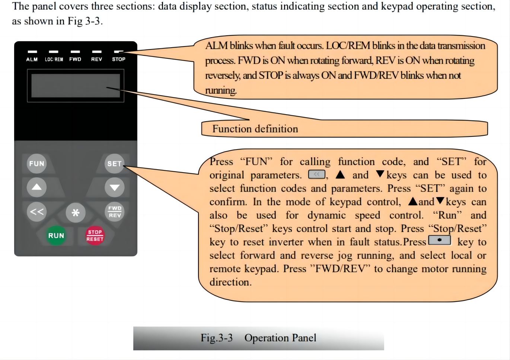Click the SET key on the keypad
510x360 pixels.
click(114, 164)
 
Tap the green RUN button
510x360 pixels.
click(56, 236)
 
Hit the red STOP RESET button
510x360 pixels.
click(95, 236)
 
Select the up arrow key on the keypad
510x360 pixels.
click(36, 187)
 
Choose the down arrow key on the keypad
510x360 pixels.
click(114, 187)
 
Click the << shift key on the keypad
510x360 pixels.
click(36, 212)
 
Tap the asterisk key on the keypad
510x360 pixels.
click(76, 213)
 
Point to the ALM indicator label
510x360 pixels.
click(32, 59)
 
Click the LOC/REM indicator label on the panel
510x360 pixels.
click(54, 59)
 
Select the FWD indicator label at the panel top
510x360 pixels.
click(75, 59)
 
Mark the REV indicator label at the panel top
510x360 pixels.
click(97, 59)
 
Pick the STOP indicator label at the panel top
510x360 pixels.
click(119, 59)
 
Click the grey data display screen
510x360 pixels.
click(76, 86)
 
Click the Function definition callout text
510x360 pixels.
click(255, 129)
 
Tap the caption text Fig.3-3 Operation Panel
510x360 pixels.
click(258, 338)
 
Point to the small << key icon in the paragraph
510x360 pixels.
click(317, 174)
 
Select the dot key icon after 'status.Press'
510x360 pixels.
click(440, 240)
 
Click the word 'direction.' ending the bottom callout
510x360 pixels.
click(230, 282)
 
